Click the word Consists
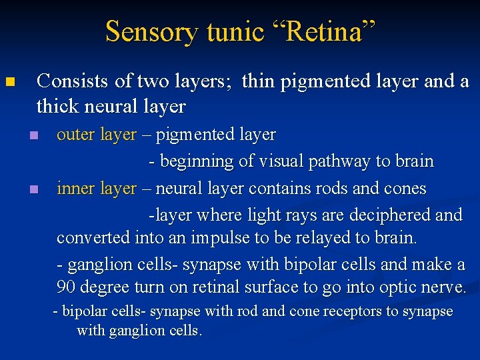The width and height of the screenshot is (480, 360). point(72,81)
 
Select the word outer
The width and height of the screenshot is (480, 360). point(76,135)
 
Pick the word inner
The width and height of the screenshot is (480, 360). point(76,189)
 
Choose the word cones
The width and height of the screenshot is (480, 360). point(404,189)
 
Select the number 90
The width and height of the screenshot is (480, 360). point(67,287)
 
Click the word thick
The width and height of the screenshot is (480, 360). point(59,106)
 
